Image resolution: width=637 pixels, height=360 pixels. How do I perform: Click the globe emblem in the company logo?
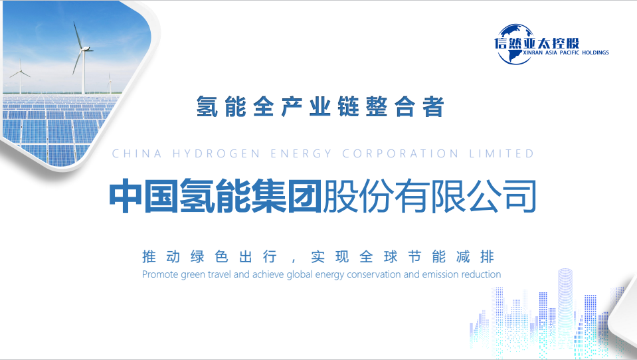coord(515,45)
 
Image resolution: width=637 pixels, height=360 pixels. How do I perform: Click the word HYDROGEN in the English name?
coord(216,153)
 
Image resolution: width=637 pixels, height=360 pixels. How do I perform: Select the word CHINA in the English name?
coord(137,153)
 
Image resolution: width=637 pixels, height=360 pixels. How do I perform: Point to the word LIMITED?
coord(501,153)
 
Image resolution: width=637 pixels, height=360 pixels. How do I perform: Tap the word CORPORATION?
coord(401,153)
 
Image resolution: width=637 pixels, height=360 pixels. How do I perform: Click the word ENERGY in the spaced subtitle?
coord(301,153)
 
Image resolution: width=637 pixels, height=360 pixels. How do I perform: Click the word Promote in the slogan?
coord(160,275)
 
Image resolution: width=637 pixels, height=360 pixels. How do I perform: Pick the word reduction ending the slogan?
coord(481,275)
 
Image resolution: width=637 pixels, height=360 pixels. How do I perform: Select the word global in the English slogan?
coord(300,275)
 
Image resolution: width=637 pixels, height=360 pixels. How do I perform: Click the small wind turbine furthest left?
coord(20,76)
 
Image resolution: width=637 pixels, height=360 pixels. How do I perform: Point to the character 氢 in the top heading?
coord(207,106)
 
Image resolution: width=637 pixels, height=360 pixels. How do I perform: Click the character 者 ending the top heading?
coord(433,106)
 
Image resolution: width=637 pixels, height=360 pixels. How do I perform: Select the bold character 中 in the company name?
coord(126,197)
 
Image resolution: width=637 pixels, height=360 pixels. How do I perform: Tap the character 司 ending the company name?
coord(520,197)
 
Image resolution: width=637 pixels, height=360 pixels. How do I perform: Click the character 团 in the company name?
coord(305,197)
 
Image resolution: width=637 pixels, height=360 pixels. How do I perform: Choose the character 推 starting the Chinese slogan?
coord(149,257)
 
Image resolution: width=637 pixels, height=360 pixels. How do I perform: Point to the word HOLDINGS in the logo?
coord(596,53)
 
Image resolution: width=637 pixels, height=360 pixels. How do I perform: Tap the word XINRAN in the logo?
coord(533,53)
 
